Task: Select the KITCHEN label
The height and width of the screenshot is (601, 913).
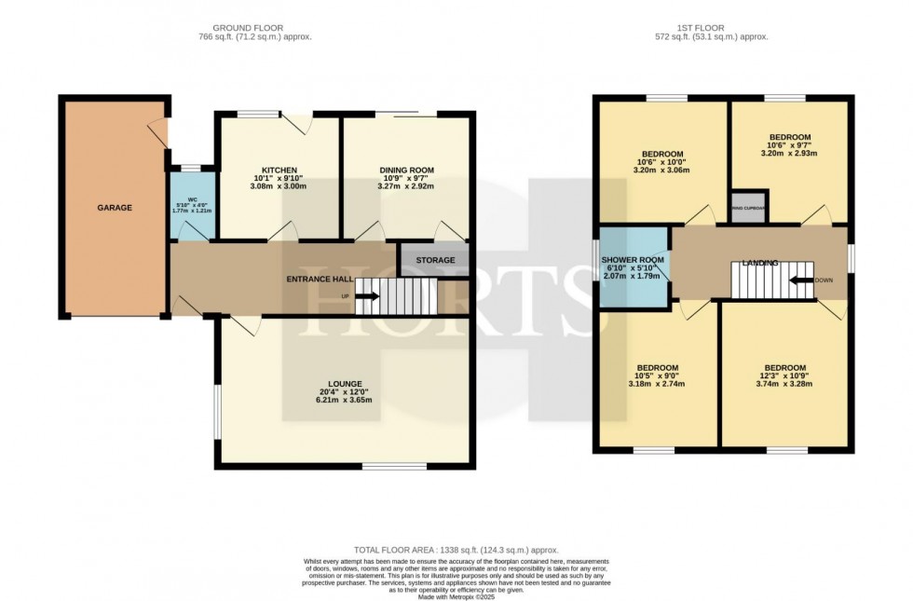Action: coord(279,171)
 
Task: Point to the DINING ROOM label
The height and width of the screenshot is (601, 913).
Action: coord(407,171)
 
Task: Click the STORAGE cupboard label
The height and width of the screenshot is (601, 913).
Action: coord(435,260)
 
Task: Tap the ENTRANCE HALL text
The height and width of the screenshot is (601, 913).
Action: coord(319,279)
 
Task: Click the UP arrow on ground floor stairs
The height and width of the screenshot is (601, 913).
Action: coord(365,297)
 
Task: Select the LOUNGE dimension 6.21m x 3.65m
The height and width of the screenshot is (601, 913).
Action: coord(344,401)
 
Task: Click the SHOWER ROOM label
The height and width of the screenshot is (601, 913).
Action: coord(633,260)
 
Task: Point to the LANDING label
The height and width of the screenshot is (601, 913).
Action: coord(759,264)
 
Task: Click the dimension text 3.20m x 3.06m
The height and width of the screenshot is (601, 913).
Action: coord(662,172)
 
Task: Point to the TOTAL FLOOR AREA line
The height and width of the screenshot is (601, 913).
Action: coord(456,551)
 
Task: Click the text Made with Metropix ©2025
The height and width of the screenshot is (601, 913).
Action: coord(456,596)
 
